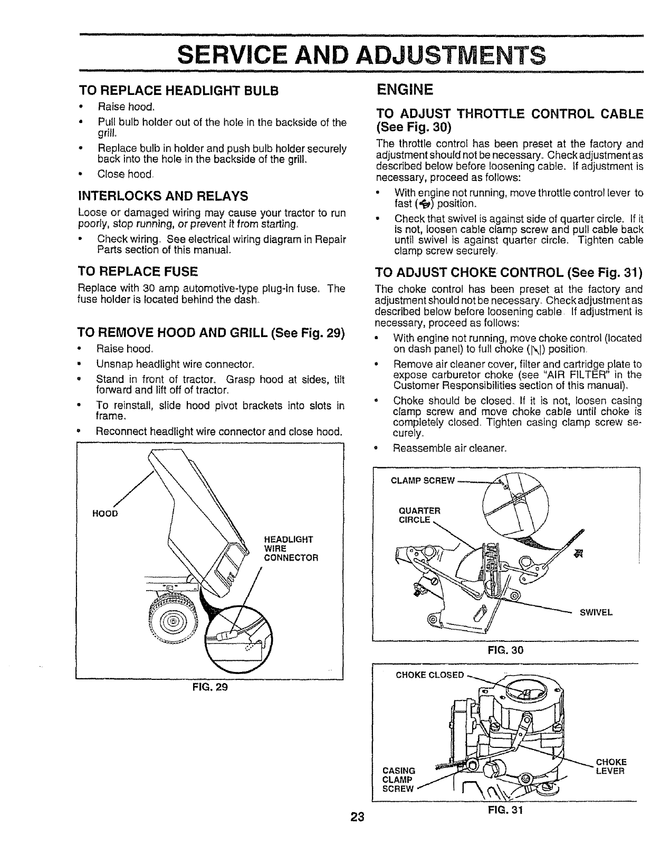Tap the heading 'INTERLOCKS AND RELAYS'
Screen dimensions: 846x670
click(162, 196)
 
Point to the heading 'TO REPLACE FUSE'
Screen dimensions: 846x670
click(138, 272)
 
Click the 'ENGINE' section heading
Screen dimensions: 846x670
click(405, 89)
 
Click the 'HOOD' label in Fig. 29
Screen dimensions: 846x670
click(105, 513)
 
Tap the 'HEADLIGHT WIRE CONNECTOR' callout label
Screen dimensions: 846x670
click(291, 548)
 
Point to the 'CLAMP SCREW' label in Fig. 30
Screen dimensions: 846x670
click(422, 480)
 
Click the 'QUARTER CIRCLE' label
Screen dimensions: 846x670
click(419, 515)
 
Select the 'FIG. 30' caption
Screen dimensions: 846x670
click(505, 650)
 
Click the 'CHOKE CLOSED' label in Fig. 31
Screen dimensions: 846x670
click(430, 675)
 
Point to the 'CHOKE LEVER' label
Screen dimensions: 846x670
click(611, 766)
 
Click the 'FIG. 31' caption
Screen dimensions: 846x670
click(505, 810)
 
